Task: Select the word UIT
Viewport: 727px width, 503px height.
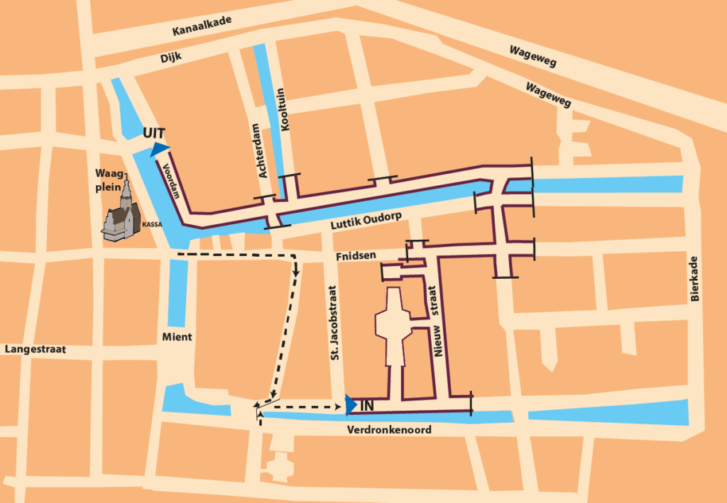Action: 154,133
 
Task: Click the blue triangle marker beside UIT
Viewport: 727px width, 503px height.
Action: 159,148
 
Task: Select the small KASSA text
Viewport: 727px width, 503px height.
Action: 152,223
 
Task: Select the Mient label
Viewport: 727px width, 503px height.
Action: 176,337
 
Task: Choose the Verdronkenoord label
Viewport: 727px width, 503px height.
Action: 389,430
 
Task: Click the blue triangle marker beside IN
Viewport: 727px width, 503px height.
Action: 350,404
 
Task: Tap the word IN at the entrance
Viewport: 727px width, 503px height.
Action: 367,406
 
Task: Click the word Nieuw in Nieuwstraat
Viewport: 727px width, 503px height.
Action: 440,341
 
